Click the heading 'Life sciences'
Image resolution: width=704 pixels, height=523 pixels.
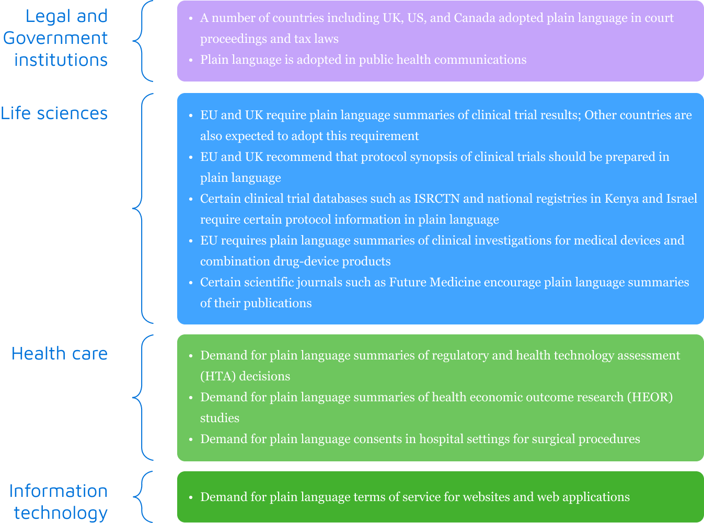[x=54, y=113]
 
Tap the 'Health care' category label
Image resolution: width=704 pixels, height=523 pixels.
[x=60, y=354]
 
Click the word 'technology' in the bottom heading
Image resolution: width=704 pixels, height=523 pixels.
[x=61, y=513]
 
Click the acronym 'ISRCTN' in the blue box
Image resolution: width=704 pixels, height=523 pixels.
[x=436, y=199]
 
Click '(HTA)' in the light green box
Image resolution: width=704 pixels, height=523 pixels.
[x=218, y=376]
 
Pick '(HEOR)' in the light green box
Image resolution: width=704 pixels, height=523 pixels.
[x=650, y=397]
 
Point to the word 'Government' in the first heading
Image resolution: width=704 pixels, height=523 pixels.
[x=55, y=38]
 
